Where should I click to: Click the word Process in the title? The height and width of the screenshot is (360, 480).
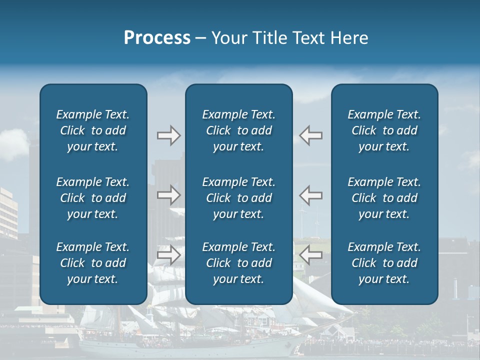coord(157,38)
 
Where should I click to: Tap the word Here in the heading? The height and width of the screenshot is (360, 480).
coord(349,38)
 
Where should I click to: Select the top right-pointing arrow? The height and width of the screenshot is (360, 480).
coord(168,135)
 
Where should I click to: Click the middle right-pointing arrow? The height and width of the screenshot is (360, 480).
coord(168,195)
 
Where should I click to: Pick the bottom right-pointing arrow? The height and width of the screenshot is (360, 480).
coord(168,255)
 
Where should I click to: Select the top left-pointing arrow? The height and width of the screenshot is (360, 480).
coord(310,135)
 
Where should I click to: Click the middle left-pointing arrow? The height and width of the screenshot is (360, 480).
coord(310,195)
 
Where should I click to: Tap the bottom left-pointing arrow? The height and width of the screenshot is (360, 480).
coord(310,255)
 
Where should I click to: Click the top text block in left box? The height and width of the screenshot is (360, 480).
coord(93,130)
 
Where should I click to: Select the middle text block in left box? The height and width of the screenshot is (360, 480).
coord(93,198)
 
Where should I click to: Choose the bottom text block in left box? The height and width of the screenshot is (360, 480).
coord(93,263)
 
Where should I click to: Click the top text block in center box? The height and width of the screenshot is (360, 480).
coord(239,130)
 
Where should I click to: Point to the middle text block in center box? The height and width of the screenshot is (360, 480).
coord(239,198)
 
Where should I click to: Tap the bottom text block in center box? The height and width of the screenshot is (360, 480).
coord(239,263)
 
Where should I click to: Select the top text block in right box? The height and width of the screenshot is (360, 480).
coord(384,130)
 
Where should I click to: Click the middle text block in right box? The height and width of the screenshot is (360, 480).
coord(384,198)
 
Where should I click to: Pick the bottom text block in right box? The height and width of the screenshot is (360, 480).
coord(384,263)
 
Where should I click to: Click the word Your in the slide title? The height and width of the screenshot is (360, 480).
coord(229,38)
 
